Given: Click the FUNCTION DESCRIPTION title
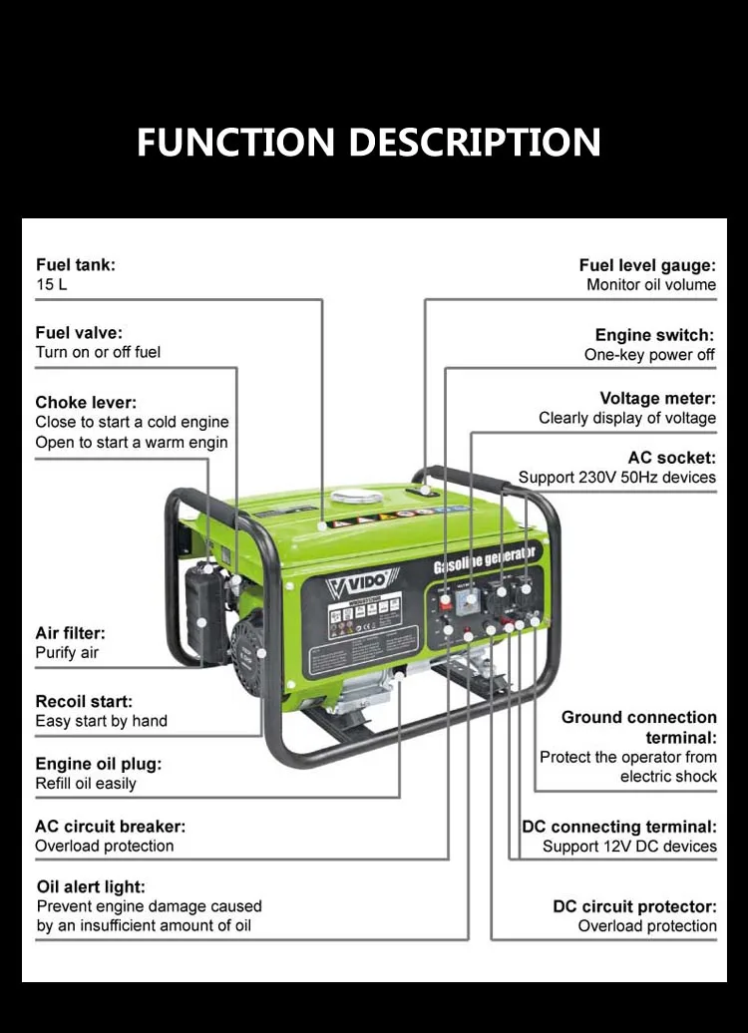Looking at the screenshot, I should [x=368, y=143].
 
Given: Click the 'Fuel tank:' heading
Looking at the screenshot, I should [x=76, y=265].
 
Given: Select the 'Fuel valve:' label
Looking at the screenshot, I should [x=79, y=333].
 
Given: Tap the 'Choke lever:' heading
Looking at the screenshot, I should [x=86, y=403].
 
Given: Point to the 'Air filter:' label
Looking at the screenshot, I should [x=70, y=633].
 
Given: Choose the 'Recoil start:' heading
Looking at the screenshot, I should [x=84, y=702].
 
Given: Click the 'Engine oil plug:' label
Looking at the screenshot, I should [x=98, y=765].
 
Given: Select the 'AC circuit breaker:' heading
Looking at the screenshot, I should [x=110, y=827].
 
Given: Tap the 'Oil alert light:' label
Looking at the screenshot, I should [x=91, y=887].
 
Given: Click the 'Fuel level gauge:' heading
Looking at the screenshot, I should [x=647, y=265].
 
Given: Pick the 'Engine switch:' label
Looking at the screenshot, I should [x=655, y=336].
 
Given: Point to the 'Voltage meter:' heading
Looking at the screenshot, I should [x=657, y=399].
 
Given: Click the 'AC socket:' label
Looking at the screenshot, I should [x=671, y=459].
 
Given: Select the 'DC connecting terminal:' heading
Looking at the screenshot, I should [x=619, y=828].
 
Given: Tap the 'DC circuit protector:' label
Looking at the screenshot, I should [x=634, y=907].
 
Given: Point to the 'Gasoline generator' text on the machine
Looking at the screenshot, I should [x=486, y=560].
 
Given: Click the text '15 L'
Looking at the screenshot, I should [x=52, y=285].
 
